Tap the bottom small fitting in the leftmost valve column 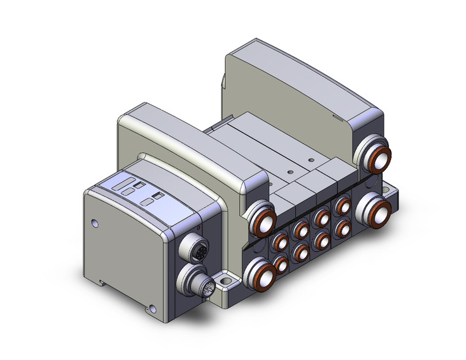[280, 265]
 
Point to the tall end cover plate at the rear [300, 80]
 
